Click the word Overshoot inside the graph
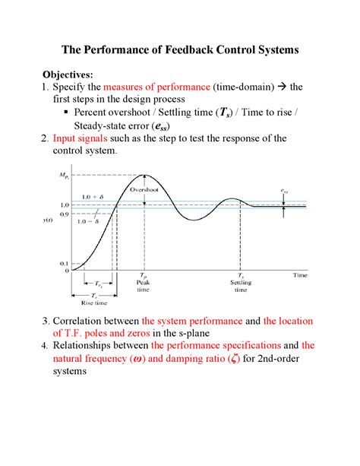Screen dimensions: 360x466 coord(144,190)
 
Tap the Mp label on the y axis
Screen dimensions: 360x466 coord(63,176)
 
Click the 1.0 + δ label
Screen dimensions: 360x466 coord(93,197)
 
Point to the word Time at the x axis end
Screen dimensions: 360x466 coord(302,274)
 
